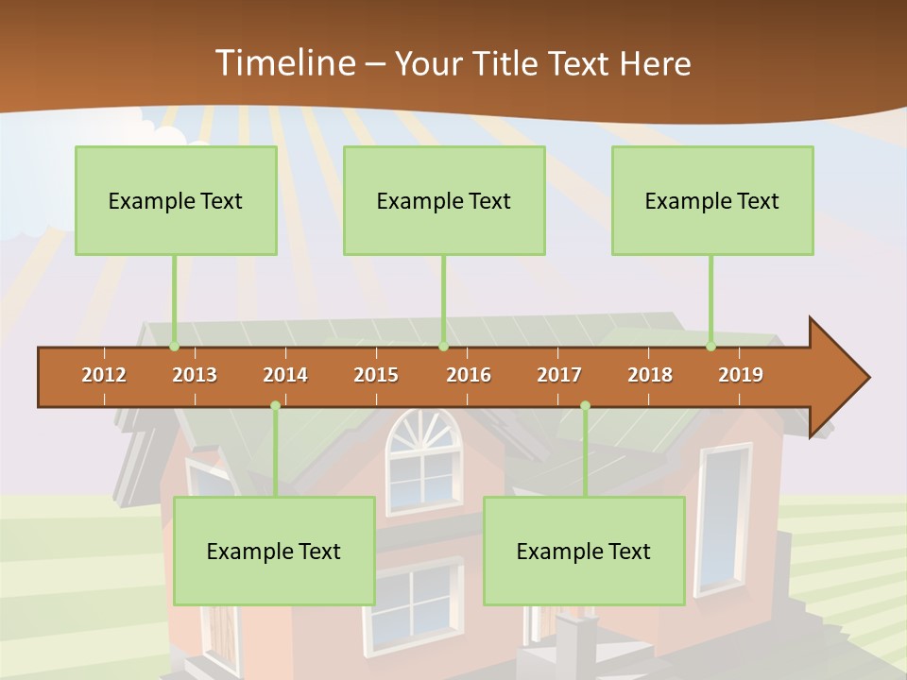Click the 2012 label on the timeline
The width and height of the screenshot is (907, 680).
pos(104,375)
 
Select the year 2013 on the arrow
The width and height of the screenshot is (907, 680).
pos(195,375)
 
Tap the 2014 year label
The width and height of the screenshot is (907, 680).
pos(285,375)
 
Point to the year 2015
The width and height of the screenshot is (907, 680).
pos(376,375)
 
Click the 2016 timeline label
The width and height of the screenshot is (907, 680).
pos(469,375)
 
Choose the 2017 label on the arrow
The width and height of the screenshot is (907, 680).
pos(559,375)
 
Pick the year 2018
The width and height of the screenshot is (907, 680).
pos(650,375)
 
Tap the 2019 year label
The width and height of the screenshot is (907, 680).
pos(741,375)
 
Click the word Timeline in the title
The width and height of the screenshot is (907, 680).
pos(283,63)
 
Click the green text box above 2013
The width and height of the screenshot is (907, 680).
pos(176,200)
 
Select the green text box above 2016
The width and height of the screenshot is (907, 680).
pos(444,200)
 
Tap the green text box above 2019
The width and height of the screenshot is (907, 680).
pos(712,200)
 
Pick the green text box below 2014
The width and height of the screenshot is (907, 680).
pos(274,551)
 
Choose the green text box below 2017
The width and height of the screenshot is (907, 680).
pos(584,551)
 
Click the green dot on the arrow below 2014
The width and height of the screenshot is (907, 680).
pos(275,405)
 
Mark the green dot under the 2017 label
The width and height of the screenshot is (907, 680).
pos(585,405)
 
